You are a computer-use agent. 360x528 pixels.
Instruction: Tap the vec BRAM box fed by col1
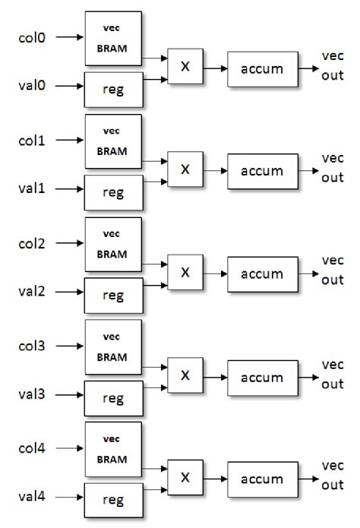tap(112, 141)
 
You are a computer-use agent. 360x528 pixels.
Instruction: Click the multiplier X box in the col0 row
tap(185, 68)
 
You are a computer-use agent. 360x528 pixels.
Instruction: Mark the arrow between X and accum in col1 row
tap(214, 171)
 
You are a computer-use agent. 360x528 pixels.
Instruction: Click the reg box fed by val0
tap(112, 88)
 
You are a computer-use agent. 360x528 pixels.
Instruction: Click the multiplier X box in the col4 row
tap(185, 478)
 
